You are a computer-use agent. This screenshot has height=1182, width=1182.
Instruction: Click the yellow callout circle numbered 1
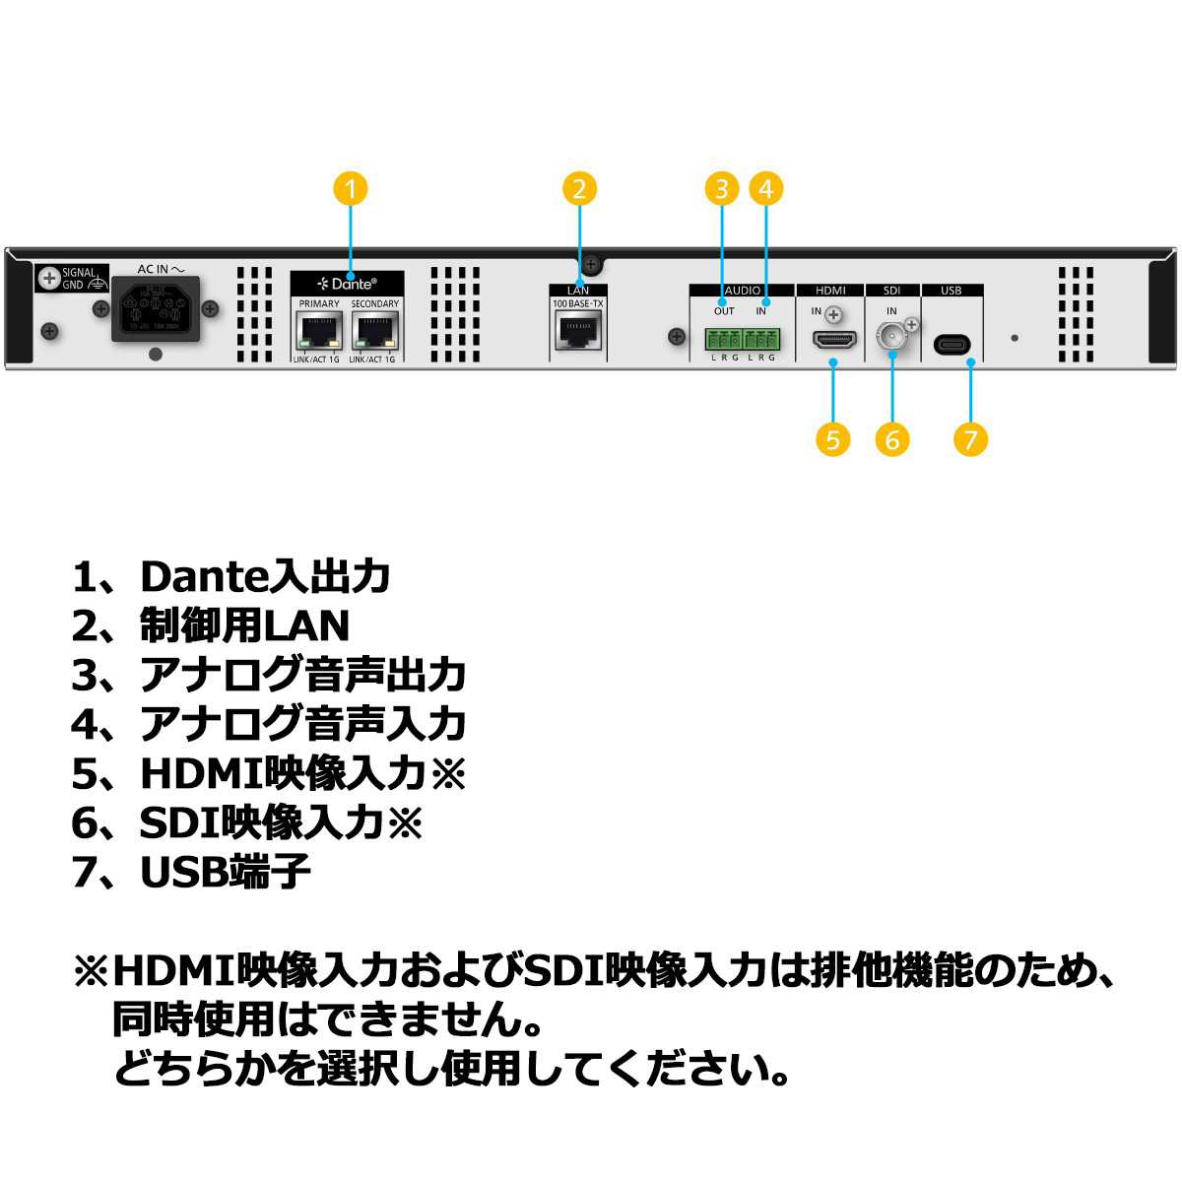[x=351, y=188]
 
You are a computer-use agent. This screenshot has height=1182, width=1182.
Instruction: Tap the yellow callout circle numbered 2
[x=579, y=188]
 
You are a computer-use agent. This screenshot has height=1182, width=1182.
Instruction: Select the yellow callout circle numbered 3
[x=722, y=188]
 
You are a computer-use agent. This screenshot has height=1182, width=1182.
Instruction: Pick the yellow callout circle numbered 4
[x=765, y=188]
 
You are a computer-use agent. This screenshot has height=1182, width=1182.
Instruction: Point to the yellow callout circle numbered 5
[x=833, y=439]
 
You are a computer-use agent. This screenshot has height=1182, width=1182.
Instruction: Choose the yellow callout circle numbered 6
[x=892, y=439]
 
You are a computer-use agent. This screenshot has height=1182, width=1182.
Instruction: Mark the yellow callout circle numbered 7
[x=970, y=439]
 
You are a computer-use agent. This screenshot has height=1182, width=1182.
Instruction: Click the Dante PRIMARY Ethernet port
[x=318, y=332]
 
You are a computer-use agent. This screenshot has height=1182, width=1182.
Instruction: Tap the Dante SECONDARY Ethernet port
[x=374, y=332]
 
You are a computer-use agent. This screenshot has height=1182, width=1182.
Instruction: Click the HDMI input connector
[x=833, y=340]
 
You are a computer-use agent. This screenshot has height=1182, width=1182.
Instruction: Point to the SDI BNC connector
[x=891, y=337]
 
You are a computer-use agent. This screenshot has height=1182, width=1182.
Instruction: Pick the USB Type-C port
[x=952, y=344]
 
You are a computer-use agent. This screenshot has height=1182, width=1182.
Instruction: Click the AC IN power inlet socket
[x=155, y=309]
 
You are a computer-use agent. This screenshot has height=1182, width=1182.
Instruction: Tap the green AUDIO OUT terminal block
[x=723, y=340]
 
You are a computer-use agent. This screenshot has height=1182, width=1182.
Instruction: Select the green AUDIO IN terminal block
[x=761, y=340]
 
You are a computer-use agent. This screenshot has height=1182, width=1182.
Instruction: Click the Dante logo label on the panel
[x=347, y=284]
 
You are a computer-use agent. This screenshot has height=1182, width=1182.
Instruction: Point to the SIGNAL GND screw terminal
[x=48, y=279]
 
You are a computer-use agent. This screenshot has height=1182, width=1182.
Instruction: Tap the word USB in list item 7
[x=183, y=872]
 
